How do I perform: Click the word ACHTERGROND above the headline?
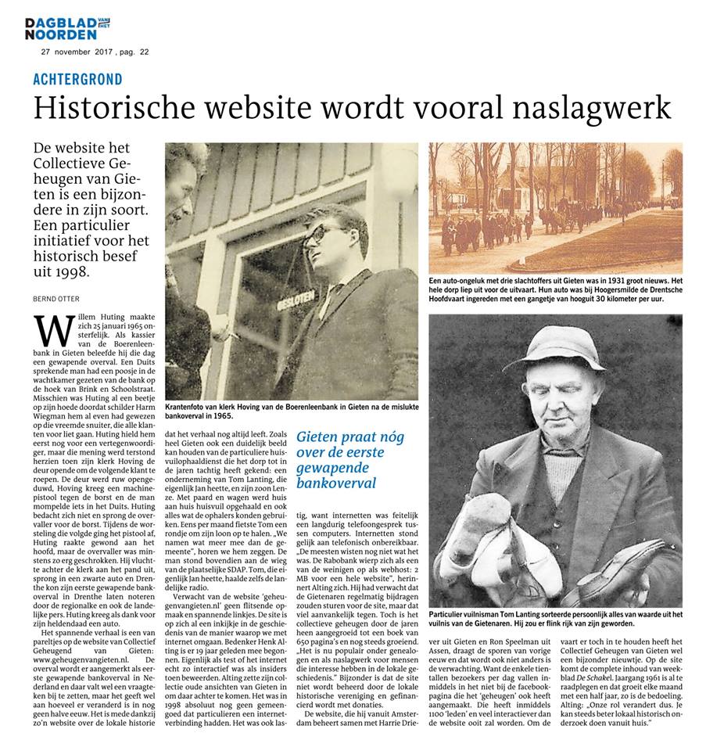coord(77,80)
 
